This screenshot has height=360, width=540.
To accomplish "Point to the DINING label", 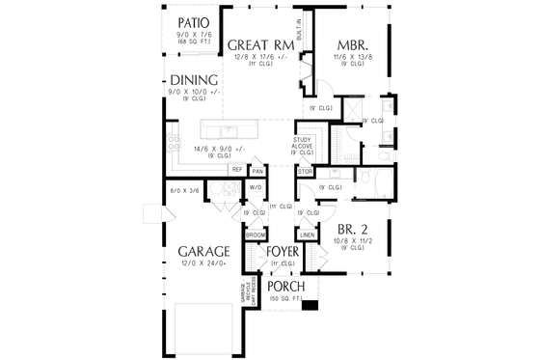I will click(195, 80).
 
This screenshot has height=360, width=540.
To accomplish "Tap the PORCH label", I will click(286, 288).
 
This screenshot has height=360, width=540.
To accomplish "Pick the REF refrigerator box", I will click(236, 170).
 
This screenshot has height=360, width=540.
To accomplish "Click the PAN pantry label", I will click(257, 170).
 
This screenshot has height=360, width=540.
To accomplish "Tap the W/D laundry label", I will click(256, 187).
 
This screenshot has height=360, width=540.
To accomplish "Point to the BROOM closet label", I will click(256, 235).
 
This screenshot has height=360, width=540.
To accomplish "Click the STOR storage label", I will click(305, 172).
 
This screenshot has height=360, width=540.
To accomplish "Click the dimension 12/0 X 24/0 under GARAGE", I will click(202, 263).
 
